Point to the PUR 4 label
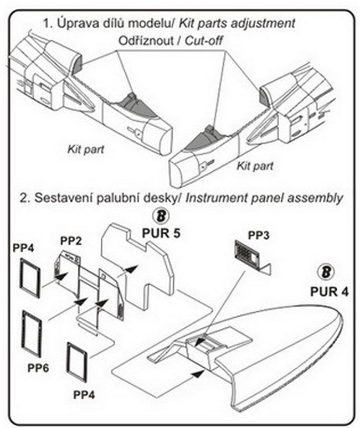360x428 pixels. tap(327, 291)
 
